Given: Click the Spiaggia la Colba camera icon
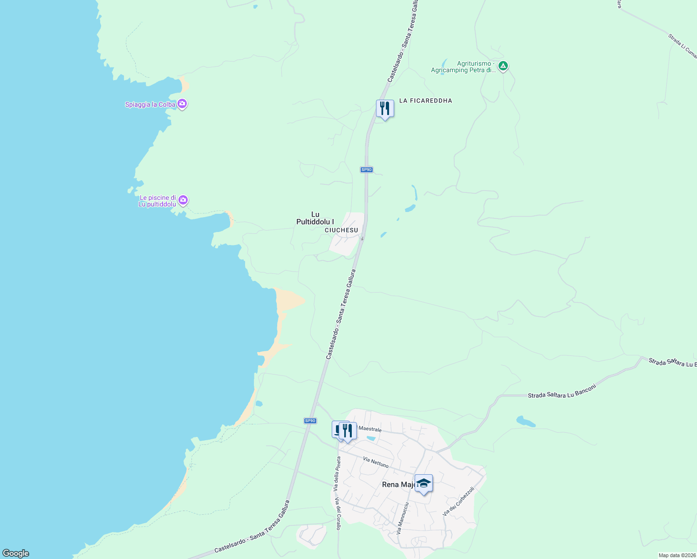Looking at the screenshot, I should pyautogui.click(x=183, y=104).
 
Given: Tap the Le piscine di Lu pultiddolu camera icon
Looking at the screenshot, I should pyautogui.click(x=183, y=200).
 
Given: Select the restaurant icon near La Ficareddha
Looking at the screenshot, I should pyautogui.click(x=385, y=109).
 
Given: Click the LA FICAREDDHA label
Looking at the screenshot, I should pyautogui.click(x=425, y=101).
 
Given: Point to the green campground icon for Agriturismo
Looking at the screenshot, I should pyautogui.click(x=503, y=66).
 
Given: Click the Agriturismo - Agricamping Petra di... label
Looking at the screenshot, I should pyautogui.click(x=463, y=67).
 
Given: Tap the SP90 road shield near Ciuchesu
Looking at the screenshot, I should pyautogui.click(x=367, y=170).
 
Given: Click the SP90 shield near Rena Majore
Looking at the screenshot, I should pyautogui.click(x=310, y=421).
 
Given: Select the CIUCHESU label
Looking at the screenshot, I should pyautogui.click(x=342, y=230).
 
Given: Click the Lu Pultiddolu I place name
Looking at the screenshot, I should pyautogui.click(x=315, y=218).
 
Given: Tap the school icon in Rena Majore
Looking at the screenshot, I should pyautogui.click(x=424, y=483).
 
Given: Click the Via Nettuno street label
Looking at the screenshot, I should pyautogui.click(x=376, y=462).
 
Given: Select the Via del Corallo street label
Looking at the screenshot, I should pyautogui.click(x=337, y=513).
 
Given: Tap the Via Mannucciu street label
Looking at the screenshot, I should pyautogui.click(x=403, y=518).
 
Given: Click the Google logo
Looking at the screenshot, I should pyautogui.click(x=15, y=553).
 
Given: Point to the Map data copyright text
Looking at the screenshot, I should pyautogui.click(x=676, y=555).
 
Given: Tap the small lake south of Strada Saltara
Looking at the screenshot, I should pyautogui.click(x=526, y=422).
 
